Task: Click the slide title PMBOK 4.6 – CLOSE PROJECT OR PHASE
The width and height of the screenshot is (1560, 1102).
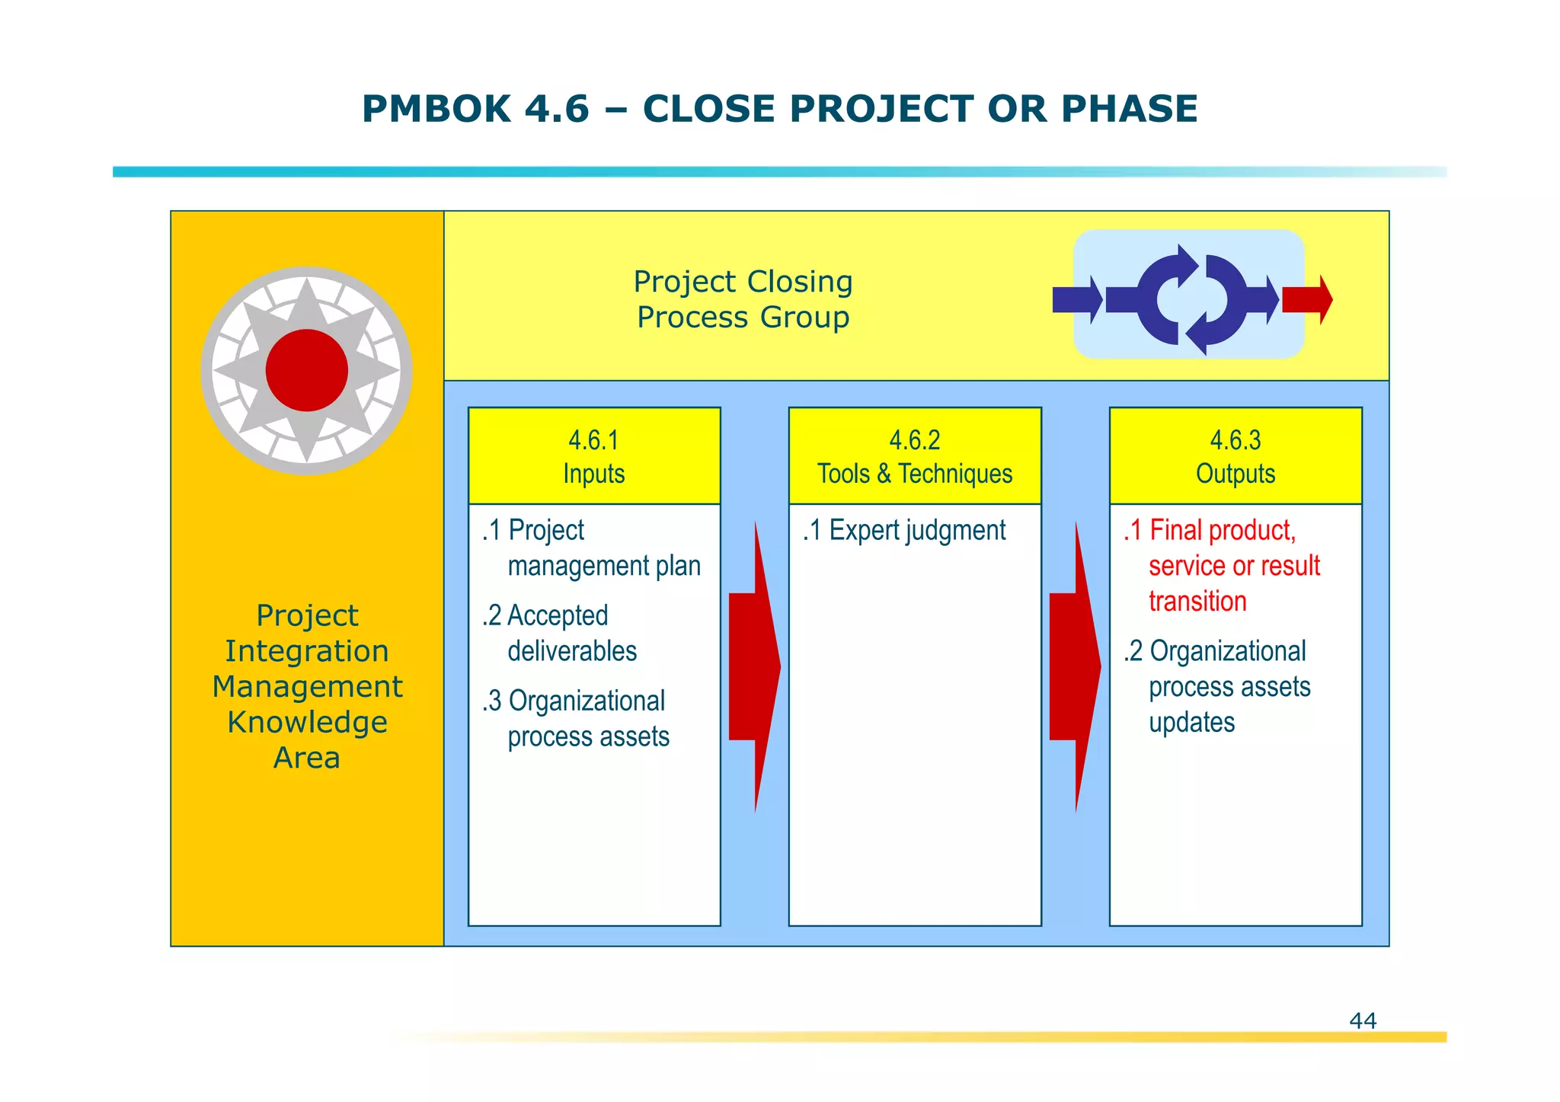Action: tap(779, 109)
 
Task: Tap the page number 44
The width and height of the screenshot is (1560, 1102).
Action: tap(1362, 1021)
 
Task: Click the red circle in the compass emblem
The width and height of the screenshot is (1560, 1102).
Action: tap(307, 371)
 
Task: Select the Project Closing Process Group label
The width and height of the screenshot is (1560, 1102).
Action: tap(743, 299)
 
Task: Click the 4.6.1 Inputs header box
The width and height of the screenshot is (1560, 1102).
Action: tap(593, 456)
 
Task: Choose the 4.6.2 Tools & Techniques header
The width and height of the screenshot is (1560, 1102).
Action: tap(914, 456)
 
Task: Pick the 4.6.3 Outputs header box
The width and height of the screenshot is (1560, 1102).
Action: tap(1235, 456)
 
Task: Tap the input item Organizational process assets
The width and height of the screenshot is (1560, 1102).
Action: tap(575, 719)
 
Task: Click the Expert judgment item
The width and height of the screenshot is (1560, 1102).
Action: tap(904, 531)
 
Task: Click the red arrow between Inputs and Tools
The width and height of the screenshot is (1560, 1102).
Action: tap(754, 667)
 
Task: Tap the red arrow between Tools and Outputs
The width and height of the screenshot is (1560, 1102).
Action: tap(1075, 667)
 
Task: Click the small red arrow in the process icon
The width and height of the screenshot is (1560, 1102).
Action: tap(1307, 299)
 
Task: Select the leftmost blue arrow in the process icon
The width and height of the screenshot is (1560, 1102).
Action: tap(1076, 299)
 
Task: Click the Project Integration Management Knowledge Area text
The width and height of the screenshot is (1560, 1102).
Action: tap(307, 686)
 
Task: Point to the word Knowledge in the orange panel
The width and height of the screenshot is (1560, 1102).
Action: tap(307, 722)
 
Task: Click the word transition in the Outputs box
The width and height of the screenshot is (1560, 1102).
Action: tap(1197, 602)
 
